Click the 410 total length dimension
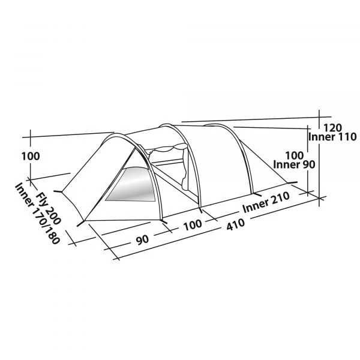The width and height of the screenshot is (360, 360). [x=236, y=224]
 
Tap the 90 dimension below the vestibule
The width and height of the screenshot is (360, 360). [x=142, y=239]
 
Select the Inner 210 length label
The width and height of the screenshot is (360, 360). [x=266, y=203]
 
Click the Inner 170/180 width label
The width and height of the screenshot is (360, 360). [x=37, y=213]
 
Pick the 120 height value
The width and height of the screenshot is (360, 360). [x=332, y=128]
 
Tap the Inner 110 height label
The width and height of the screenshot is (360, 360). [x=332, y=137]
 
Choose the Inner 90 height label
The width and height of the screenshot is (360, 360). [x=295, y=164]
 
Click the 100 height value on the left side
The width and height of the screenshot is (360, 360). [x=31, y=157]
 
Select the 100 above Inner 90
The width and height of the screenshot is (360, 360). [x=295, y=155]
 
